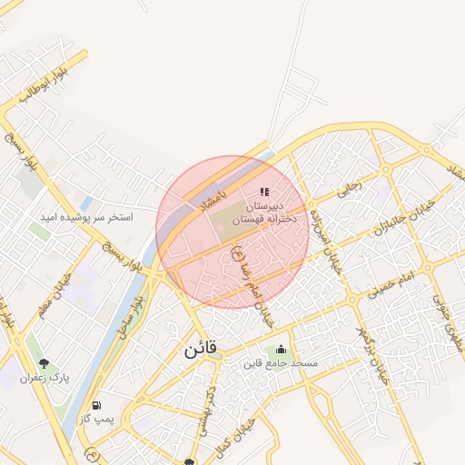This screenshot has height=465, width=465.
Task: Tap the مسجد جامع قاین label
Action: click(x=280, y=363)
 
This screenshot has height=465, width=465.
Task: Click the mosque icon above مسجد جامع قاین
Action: click(x=281, y=349)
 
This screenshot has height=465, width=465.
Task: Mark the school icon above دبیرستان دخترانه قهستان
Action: click(x=264, y=192)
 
